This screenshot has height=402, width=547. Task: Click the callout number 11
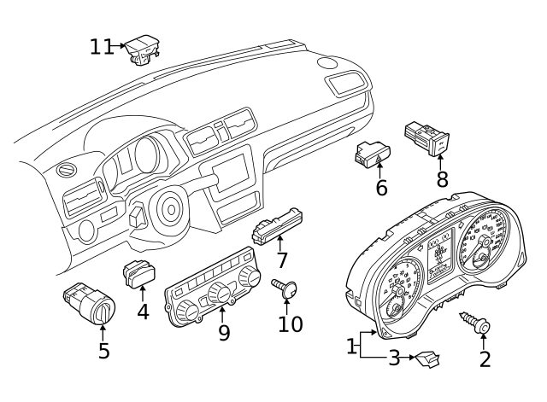[101, 46]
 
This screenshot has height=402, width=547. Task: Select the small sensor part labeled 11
[142, 50]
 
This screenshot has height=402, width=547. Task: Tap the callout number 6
[381, 187]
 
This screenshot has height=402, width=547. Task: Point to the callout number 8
[442, 179]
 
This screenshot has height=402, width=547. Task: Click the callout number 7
[281, 260]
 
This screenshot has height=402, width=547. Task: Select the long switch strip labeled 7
[278, 223]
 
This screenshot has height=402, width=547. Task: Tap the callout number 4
[143, 312]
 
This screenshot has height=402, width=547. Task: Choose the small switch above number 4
[138, 274]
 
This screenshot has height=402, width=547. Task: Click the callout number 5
[103, 350]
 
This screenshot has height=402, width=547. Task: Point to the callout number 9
[224, 332]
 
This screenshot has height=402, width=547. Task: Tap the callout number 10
[291, 323]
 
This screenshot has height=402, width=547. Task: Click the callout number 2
[485, 359]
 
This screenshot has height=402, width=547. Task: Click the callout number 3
[394, 358]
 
